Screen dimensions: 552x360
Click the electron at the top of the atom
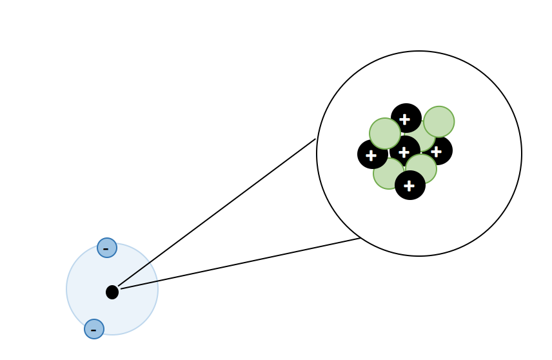[x=107, y=248]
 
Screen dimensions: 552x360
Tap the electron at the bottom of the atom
[x=94, y=329]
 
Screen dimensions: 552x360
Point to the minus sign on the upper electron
[x=106, y=249]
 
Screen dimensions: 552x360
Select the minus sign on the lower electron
[x=94, y=330]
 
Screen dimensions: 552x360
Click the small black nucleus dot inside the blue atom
[x=112, y=292]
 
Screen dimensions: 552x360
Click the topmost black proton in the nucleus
[x=406, y=116]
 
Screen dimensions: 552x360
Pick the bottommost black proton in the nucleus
[x=410, y=186]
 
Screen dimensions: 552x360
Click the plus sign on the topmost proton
[x=404, y=119]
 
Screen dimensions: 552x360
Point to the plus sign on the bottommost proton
[x=409, y=186]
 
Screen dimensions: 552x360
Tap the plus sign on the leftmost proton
[x=371, y=155]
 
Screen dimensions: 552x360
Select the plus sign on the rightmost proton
[x=437, y=152]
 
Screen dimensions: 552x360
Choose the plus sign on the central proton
[x=404, y=152]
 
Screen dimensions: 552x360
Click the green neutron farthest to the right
[x=439, y=121]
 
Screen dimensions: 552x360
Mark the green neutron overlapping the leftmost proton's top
[x=385, y=133]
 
